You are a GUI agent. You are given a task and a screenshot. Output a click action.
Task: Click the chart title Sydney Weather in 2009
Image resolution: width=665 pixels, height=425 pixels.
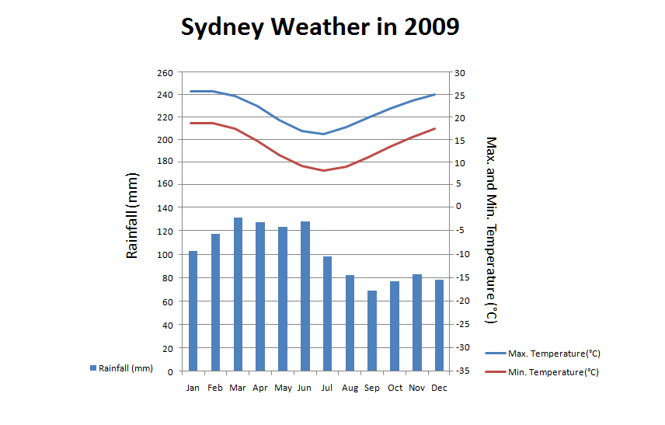click(320, 27)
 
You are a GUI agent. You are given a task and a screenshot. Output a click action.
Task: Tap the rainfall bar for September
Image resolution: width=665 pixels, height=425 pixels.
click(372, 330)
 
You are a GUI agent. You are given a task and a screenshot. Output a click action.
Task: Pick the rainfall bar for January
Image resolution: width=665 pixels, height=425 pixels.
click(193, 311)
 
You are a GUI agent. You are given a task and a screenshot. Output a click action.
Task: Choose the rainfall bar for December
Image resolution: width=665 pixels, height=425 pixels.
click(439, 325)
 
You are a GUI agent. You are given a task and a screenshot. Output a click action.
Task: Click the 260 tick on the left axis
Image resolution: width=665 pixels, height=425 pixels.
click(165, 73)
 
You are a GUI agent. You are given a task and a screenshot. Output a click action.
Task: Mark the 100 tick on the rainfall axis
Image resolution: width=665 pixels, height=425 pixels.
click(165, 255)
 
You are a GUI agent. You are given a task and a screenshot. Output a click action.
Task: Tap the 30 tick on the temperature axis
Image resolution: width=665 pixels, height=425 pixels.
click(459, 73)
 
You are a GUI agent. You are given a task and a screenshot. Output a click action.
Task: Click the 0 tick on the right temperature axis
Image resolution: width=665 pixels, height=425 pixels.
click(458, 207)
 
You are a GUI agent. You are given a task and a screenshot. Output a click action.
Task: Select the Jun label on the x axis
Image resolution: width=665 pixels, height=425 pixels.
click(305, 388)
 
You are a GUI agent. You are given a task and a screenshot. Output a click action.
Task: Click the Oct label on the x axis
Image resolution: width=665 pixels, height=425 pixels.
click(395, 388)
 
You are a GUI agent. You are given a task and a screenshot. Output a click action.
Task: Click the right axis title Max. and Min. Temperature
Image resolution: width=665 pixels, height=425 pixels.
click(490, 230)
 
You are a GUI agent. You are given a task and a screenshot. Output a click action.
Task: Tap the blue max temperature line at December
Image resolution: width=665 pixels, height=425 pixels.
click(435, 94)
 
